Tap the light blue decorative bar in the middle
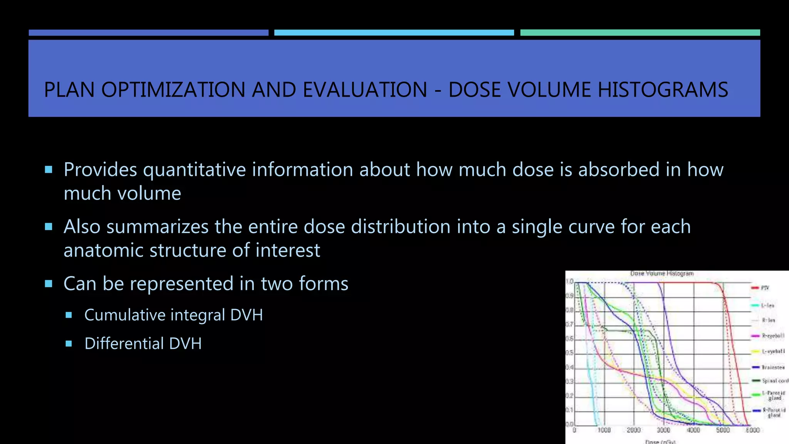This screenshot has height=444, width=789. point(394,33)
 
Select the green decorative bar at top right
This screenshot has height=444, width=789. point(640,33)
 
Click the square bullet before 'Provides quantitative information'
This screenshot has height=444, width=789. point(49,170)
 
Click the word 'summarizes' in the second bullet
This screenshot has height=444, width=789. point(157,227)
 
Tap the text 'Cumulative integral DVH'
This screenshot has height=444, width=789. point(173,315)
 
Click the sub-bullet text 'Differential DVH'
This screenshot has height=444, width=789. point(143,343)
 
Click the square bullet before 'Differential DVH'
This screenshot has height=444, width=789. point(69,343)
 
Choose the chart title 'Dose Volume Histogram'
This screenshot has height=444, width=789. point(661,274)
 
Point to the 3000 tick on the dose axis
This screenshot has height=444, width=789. point(663,430)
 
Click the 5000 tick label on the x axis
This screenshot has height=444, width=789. point(723,430)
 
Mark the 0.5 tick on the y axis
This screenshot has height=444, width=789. point(569,353)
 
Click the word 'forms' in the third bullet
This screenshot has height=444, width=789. point(324,284)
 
